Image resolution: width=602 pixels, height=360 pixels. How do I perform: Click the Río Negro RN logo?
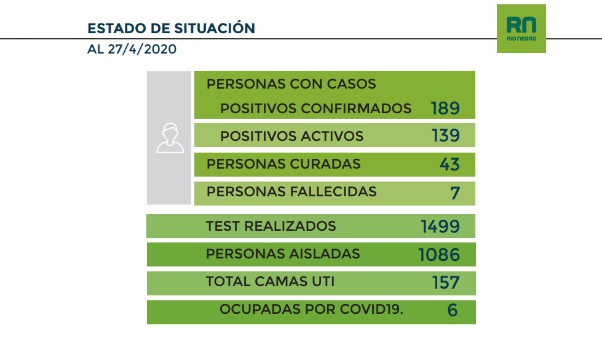click(521, 28)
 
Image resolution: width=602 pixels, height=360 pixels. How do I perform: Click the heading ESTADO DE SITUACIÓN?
click(171, 28)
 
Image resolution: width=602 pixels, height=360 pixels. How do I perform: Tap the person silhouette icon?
click(170, 137)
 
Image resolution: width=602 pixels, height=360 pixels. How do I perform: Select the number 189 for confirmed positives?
click(445, 108)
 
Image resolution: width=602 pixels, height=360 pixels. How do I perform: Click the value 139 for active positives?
click(445, 135)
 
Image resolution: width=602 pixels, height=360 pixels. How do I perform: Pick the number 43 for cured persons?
click(450, 164)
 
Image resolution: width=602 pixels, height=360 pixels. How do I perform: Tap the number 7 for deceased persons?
click(454, 192)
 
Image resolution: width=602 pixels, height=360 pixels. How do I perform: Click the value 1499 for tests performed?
click(440, 226)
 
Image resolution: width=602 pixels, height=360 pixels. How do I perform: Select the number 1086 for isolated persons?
click(439, 254)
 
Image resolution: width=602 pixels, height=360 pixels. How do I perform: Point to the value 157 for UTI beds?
click(445, 282)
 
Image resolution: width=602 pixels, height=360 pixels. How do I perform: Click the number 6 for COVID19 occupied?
click(453, 310)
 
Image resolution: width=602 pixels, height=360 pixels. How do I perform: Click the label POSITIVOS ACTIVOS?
click(291, 136)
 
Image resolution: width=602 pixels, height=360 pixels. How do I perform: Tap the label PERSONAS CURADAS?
click(283, 164)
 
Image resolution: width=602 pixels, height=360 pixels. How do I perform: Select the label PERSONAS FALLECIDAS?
click(291, 191)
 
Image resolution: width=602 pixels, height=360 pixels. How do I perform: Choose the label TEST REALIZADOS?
click(271, 226)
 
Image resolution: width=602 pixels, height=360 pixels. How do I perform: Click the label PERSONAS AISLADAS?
click(283, 254)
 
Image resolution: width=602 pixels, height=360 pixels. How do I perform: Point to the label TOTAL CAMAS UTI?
click(270, 282)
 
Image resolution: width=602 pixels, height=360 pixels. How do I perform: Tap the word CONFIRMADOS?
click(356, 108)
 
